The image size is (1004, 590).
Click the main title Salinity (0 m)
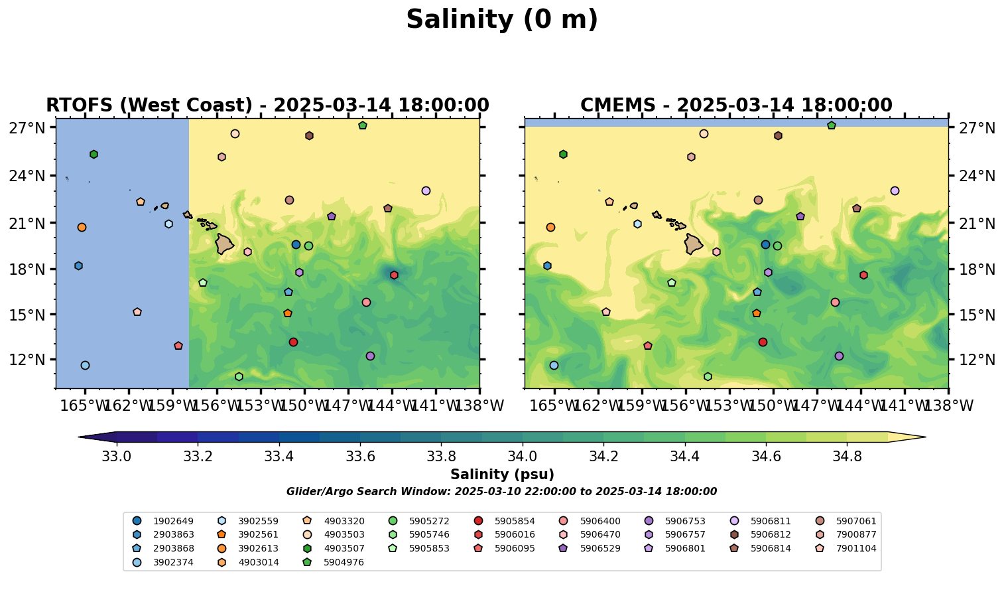[x=502, y=20]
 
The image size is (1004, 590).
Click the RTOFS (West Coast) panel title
[x=267, y=106]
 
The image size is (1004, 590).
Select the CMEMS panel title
[x=736, y=106]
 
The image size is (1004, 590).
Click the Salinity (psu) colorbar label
[x=502, y=475]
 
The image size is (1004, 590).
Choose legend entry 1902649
[x=166, y=521]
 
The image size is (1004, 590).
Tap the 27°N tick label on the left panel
[x=27, y=127]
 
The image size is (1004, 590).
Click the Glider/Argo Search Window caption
[x=501, y=492]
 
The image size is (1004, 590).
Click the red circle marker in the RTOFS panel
[x=293, y=342]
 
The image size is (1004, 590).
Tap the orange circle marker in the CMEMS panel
[x=550, y=227]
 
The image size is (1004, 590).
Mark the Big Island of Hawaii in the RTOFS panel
[x=224, y=244]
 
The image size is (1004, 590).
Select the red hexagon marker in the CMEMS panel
[x=863, y=275]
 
